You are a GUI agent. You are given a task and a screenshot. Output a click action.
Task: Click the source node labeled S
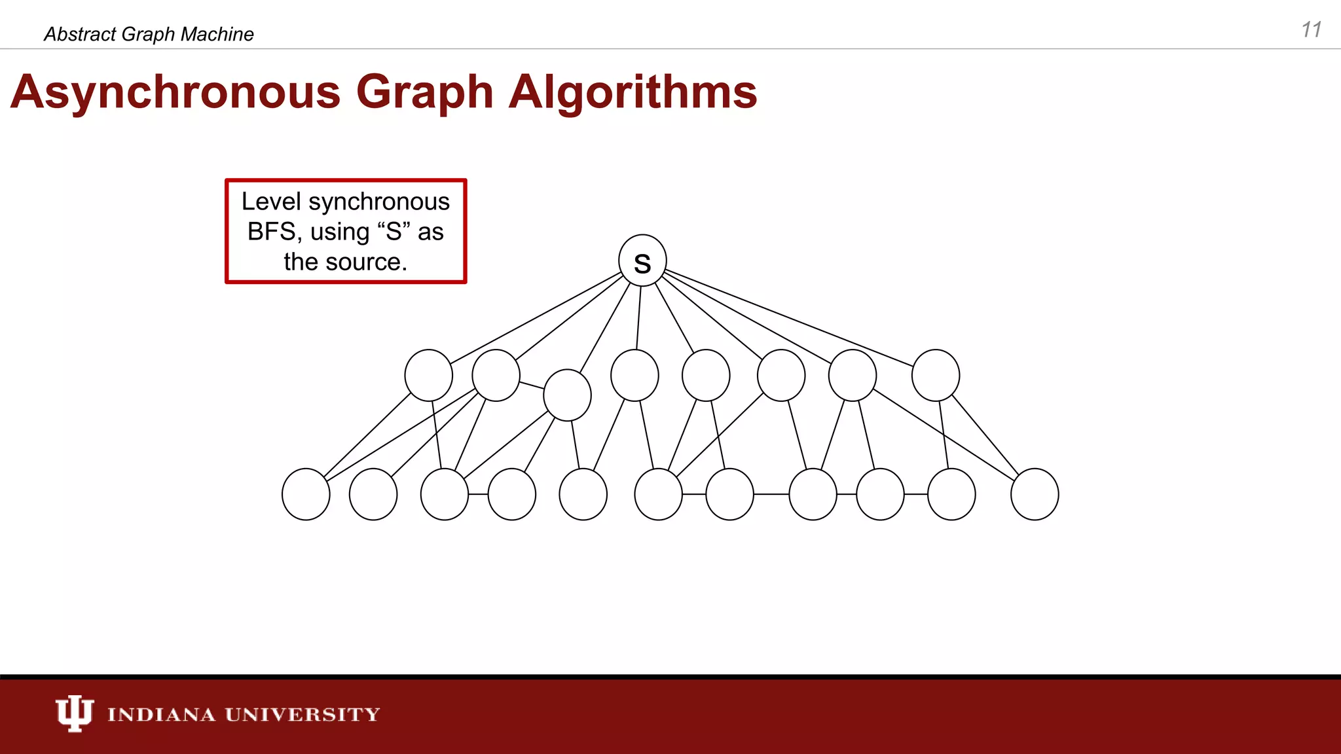(x=642, y=260)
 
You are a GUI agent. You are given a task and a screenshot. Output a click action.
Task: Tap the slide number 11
(x=1311, y=30)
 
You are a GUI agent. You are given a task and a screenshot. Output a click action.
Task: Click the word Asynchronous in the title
(x=175, y=92)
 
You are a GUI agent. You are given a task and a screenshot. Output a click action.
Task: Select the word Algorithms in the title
(x=633, y=92)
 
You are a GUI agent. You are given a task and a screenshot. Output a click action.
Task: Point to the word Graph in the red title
(x=424, y=92)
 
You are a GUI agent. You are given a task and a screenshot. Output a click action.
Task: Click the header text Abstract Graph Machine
(x=149, y=34)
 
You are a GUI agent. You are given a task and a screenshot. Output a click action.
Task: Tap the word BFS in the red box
(x=271, y=232)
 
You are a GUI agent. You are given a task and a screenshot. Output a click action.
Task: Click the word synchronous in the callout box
(x=379, y=202)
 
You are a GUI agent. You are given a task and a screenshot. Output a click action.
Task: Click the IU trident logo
(x=74, y=713)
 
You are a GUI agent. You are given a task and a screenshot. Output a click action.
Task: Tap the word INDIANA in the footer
(x=161, y=714)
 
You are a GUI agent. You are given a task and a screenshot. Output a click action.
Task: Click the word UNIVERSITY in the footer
(x=303, y=714)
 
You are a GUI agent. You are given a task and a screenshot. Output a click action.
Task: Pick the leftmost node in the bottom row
(x=306, y=494)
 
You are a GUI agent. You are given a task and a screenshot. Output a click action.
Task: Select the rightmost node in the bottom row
(x=1035, y=494)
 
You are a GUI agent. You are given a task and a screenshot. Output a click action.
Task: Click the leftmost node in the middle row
(x=429, y=375)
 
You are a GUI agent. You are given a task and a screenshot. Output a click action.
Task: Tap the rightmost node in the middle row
(x=936, y=375)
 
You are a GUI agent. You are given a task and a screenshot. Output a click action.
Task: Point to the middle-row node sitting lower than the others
(x=568, y=395)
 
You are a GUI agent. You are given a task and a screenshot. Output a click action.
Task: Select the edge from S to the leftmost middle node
(x=537, y=318)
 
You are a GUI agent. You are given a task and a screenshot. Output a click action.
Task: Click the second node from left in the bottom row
(x=373, y=494)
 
